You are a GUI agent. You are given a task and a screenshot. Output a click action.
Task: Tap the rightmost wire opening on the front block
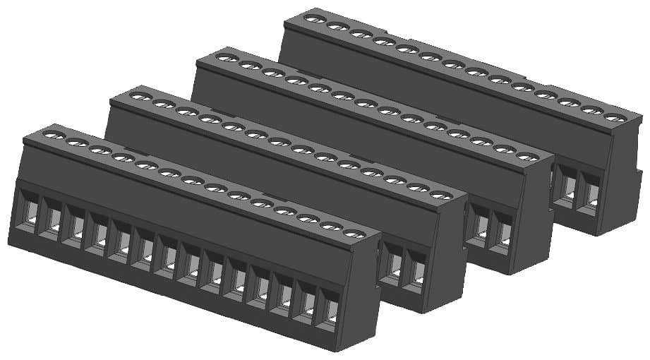point(330,311)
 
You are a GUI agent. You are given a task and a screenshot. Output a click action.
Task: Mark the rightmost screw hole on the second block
point(440,195)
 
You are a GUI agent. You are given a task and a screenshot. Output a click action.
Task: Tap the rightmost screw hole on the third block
point(527,156)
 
